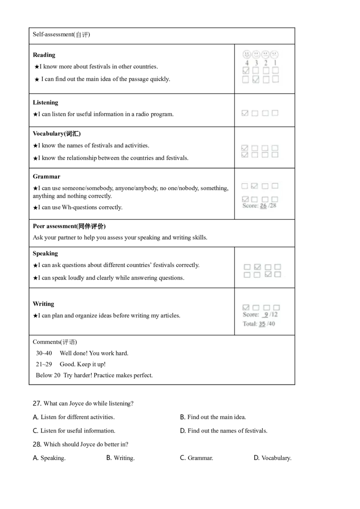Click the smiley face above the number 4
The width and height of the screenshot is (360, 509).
click(247, 54)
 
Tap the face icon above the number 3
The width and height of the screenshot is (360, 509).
click(256, 54)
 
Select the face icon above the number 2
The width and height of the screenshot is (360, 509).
click(265, 54)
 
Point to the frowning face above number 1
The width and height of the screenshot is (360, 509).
click(275, 54)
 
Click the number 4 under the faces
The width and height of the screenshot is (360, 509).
click(247, 63)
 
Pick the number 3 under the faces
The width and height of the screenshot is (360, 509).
click(256, 63)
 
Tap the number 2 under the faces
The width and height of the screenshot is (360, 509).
click(265, 63)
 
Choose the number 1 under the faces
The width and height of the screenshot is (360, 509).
click(275, 63)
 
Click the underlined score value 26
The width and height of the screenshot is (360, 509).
click(263, 206)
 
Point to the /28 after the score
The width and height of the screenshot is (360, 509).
click(272, 206)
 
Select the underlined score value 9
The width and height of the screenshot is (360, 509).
click(265, 315)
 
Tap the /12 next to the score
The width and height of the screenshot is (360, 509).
click(273, 315)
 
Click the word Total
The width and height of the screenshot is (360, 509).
click(249, 324)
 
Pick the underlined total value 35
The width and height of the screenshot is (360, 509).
click(262, 324)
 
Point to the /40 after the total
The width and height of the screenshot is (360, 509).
click(271, 324)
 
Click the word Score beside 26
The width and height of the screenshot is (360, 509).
click(250, 206)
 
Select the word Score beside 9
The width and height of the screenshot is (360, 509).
click(250, 315)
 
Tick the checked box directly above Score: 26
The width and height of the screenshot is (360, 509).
click(245, 199)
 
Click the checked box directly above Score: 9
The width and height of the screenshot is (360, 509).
click(246, 308)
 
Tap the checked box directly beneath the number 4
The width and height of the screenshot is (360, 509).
click(246, 71)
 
